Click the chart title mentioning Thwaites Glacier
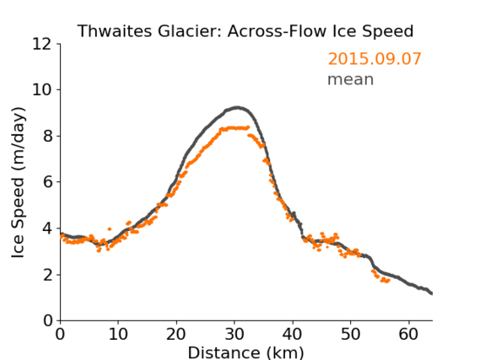tap(245, 31)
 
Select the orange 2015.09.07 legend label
tap(375, 59)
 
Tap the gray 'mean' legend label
tap(351, 79)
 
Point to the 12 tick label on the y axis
tap(42, 44)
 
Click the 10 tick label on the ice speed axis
tap(42, 90)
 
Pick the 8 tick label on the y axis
tap(47, 136)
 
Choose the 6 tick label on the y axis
tap(47, 182)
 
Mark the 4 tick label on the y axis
tap(47, 228)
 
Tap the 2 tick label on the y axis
tap(47, 275)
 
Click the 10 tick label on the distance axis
tap(118, 334)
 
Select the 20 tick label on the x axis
tap(176, 334)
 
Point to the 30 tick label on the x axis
tap(235, 334)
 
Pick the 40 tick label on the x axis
tap(293, 334)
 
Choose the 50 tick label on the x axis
tap(351, 334)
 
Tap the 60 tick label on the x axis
tap(408, 334)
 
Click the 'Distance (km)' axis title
tap(245, 352)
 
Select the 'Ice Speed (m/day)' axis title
tap(18, 182)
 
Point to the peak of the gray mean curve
tap(238, 108)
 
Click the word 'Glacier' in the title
tap(190, 31)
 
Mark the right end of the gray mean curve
tap(432, 293)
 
